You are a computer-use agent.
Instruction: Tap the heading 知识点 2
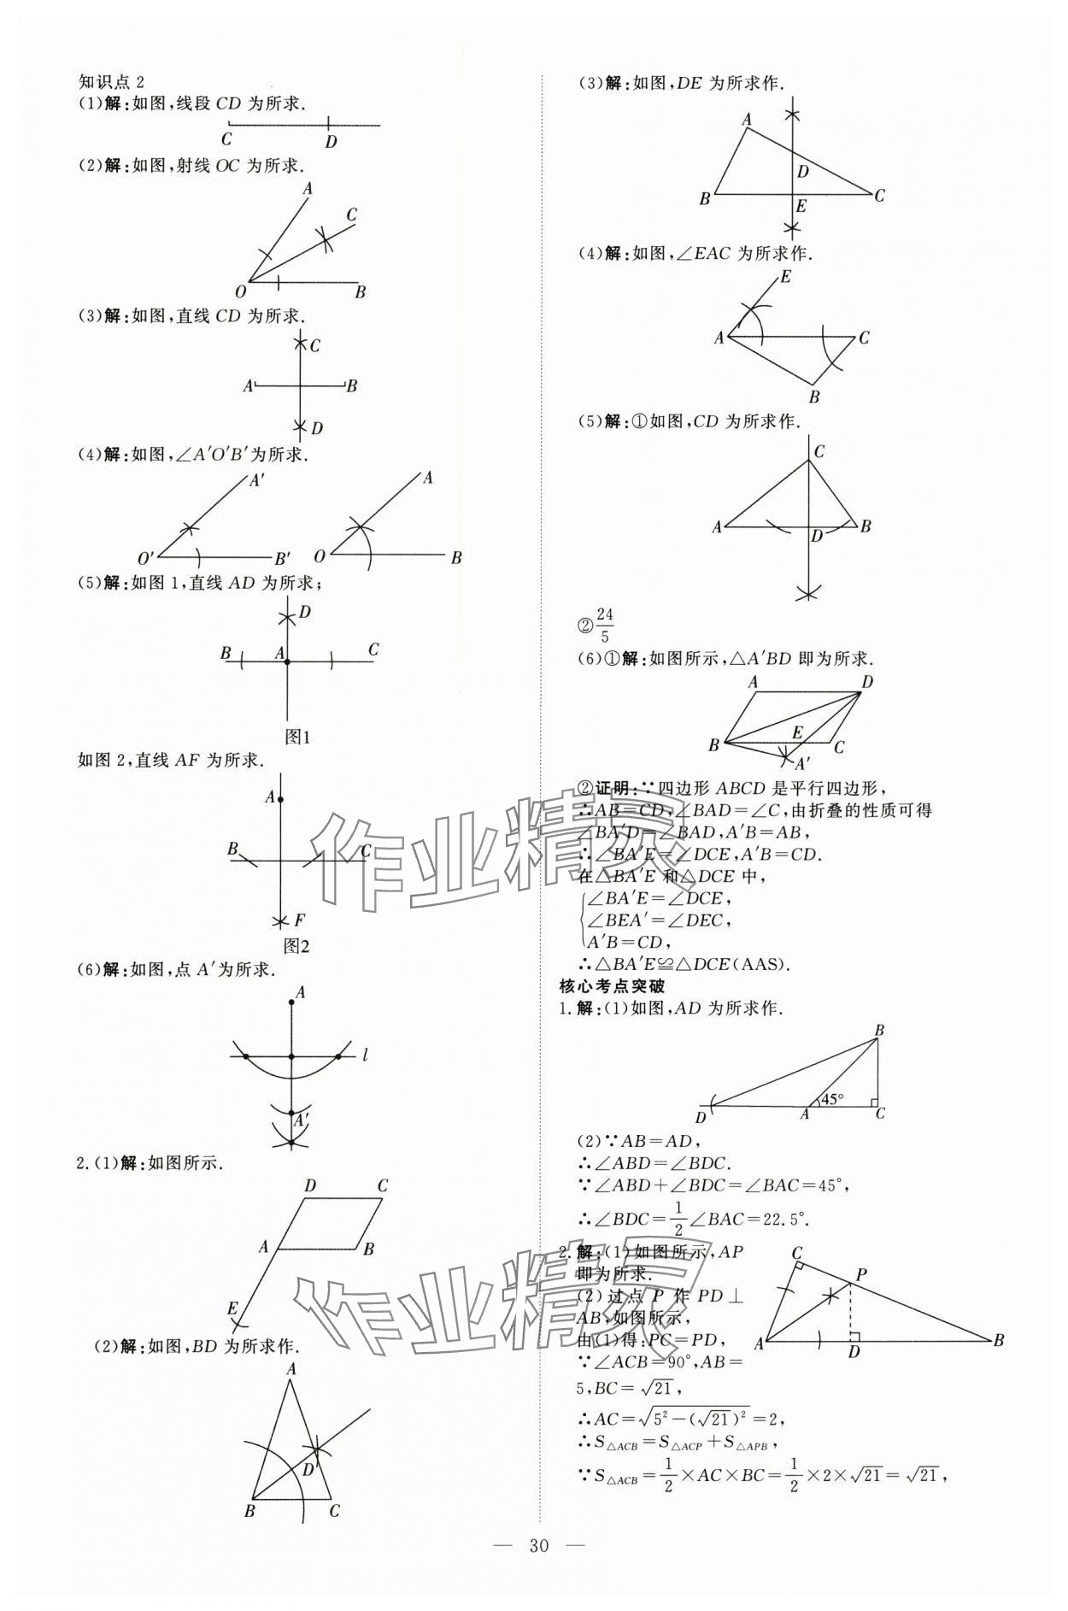[x=111, y=81]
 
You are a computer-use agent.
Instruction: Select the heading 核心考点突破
[x=612, y=985]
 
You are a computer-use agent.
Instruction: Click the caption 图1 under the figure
[x=296, y=737]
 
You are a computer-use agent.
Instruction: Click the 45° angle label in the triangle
[x=832, y=1098]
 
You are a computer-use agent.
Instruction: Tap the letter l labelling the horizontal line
[x=365, y=1055]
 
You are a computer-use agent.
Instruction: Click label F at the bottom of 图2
[x=299, y=920]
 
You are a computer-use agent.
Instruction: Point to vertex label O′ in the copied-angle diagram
[x=146, y=559]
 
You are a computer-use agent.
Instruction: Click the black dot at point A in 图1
[x=288, y=661]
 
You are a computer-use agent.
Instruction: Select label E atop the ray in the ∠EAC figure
[x=785, y=277]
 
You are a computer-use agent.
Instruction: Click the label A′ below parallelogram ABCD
[x=803, y=762]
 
